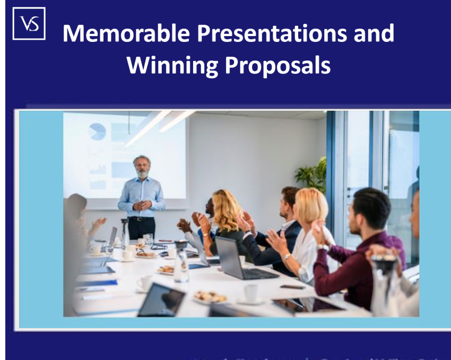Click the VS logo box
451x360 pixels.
29,23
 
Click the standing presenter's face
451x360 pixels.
142,167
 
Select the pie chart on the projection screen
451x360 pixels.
97,131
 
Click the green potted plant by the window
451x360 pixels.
313,174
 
